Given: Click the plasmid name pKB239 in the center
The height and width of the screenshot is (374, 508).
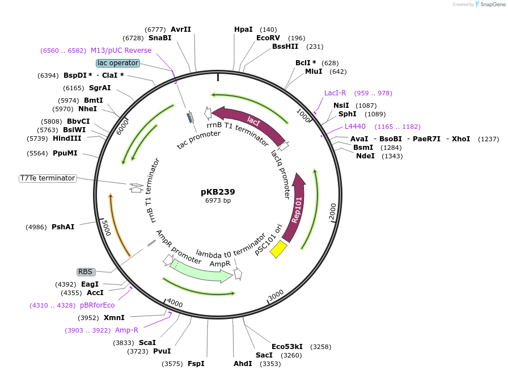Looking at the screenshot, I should pyautogui.click(x=218, y=192).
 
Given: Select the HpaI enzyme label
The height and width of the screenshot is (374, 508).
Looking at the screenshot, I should pyautogui.click(x=243, y=30).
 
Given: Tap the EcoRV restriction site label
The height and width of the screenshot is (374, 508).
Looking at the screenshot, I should pyautogui.click(x=268, y=38).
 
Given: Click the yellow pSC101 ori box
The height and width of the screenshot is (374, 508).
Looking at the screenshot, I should pyautogui.click(x=278, y=249).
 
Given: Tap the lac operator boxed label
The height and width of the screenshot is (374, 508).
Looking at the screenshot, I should pyautogui.click(x=117, y=63).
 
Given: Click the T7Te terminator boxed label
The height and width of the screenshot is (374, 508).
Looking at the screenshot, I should pyautogui.click(x=48, y=178).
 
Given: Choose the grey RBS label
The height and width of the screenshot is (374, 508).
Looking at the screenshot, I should pyautogui.click(x=86, y=272).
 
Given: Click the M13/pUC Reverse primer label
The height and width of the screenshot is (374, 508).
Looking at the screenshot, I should pyautogui.click(x=121, y=51).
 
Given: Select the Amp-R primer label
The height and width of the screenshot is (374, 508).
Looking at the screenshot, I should pyautogui.click(x=126, y=330).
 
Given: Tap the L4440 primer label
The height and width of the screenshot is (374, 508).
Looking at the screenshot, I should pyautogui.click(x=355, y=127).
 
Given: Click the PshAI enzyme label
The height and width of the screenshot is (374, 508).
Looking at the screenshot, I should pyautogui.click(x=63, y=227).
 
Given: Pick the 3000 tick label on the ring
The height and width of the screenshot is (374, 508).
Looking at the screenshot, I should pyautogui.click(x=276, y=295).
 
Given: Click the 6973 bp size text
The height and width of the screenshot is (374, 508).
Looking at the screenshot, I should pyautogui.click(x=218, y=200).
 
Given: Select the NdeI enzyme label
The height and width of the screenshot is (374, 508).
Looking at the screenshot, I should pyautogui.click(x=365, y=156).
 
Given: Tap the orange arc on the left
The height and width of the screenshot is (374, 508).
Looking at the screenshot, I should pyautogui.click(x=117, y=224).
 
